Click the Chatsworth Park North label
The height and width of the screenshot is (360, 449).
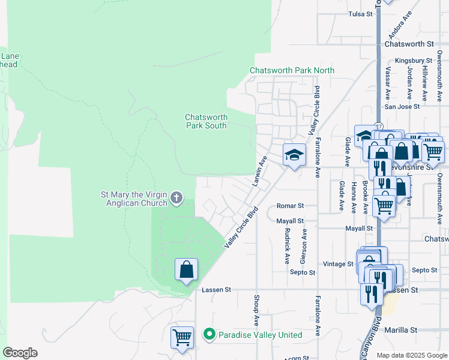pyautogui.click(x=292, y=70)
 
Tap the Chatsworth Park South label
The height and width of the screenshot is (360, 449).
pyautogui.click(x=206, y=121)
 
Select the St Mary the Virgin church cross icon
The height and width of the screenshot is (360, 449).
pyautogui.click(x=176, y=197)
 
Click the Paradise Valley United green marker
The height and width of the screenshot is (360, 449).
pyautogui.click(x=209, y=334)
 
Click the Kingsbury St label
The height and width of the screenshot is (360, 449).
pyautogui.click(x=414, y=61)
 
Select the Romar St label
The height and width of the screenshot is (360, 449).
pyautogui.click(x=291, y=206)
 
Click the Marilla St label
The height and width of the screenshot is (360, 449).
pyautogui.click(x=401, y=330)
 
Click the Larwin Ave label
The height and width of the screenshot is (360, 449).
pyautogui.click(x=260, y=171)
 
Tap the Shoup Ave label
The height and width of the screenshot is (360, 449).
pyautogui.click(x=256, y=310)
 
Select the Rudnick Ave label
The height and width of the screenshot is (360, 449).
pyautogui.click(x=288, y=246)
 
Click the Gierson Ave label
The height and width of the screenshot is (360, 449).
pyautogui.click(x=303, y=246)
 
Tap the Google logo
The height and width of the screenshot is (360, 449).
pyautogui.click(x=20, y=353)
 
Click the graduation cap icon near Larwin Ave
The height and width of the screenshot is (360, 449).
pyautogui.click(x=294, y=155)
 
